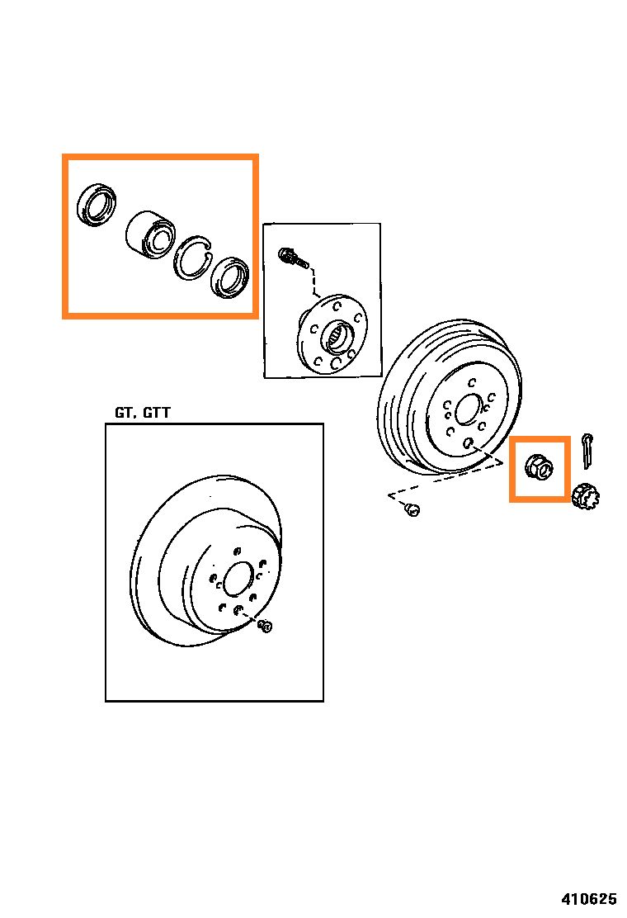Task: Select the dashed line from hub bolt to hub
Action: point(314,284)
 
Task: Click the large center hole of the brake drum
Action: point(467,409)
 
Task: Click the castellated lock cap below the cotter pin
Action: point(585,496)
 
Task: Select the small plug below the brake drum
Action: point(413,511)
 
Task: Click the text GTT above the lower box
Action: point(157,413)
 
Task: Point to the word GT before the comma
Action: point(123,413)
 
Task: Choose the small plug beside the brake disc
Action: point(266,627)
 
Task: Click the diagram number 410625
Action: point(589,898)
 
